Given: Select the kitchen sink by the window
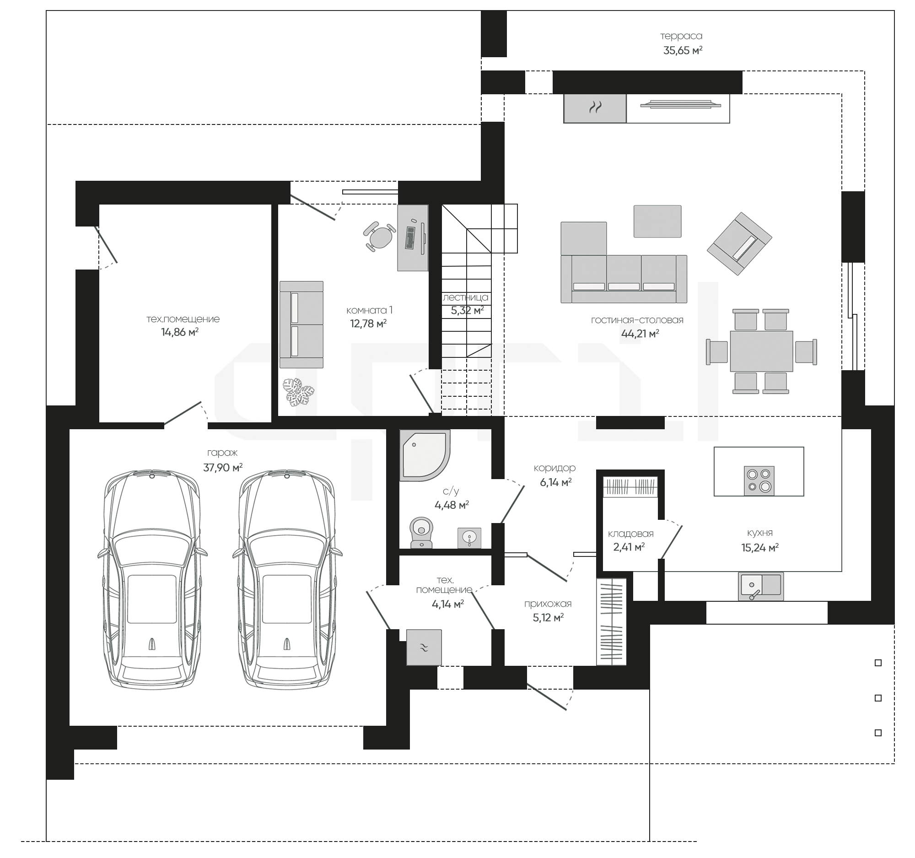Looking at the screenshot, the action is pyautogui.click(x=761, y=586).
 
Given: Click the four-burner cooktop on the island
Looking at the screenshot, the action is pyautogui.click(x=759, y=480).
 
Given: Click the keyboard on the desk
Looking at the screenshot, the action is pyautogui.click(x=410, y=237).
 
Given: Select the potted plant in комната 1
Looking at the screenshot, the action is pyautogui.click(x=298, y=392).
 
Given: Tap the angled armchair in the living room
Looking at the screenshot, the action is pyautogui.click(x=740, y=243).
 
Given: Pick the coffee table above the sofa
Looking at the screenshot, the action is pyautogui.click(x=657, y=221).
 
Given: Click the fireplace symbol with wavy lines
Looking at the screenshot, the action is pyautogui.click(x=595, y=108).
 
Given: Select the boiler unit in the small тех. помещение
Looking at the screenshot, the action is pyautogui.click(x=424, y=647).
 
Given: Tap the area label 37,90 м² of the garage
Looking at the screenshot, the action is pyautogui.click(x=223, y=468).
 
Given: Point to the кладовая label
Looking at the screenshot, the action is pyautogui.click(x=630, y=534).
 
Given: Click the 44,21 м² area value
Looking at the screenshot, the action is pyautogui.click(x=640, y=334).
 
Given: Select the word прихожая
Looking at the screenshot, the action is pyautogui.click(x=548, y=604).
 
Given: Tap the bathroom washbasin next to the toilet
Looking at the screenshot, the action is pyautogui.click(x=469, y=538).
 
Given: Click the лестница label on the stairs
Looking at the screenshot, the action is pyautogui.click(x=465, y=298).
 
